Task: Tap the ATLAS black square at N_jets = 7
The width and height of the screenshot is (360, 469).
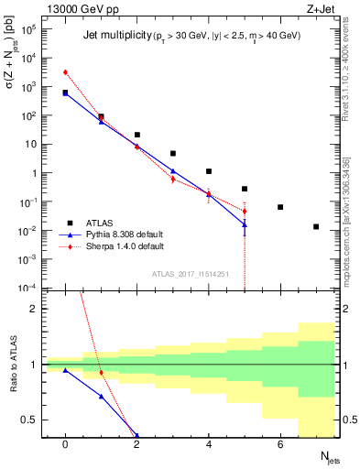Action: pyautogui.click(x=316, y=226)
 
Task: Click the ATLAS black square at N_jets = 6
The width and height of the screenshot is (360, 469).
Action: pyautogui.click(x=280, y=207)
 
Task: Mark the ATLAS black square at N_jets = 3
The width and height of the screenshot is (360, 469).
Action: pyautogui.click(x=172, y=153)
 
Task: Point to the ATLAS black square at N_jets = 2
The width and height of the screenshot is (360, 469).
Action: pyautogui.click(x=136, y=135)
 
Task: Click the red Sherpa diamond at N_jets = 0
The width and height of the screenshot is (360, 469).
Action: pyautogui.click(x=65, y=71)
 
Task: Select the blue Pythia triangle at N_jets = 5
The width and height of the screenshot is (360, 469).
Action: pyautogui.click(x=245, y=224)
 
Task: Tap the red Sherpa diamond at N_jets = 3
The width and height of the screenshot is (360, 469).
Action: pyautogui.click(x=172, y=180)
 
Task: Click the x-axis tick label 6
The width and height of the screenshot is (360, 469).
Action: pyautogui.click(x=280, y=444)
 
